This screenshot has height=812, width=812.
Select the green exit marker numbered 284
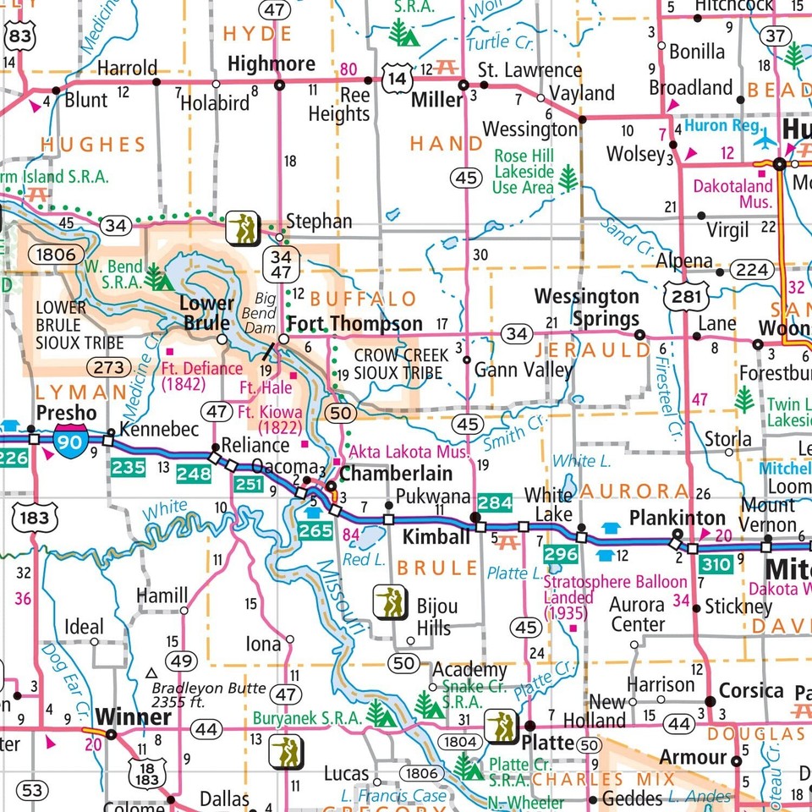[x=495, y=503]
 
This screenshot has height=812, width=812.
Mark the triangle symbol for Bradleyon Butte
[x=151, y=673]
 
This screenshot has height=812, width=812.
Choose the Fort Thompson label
[x=354, y=324]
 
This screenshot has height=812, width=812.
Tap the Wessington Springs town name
[x=587, y=307]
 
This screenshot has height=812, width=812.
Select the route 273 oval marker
[x=108, y=366]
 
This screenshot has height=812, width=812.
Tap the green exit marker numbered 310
[x=716, y=564]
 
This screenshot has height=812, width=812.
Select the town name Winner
[x=134, y=718]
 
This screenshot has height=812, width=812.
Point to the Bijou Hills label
[x=436, y=617]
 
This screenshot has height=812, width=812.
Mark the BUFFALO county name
[x=363, y=299]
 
